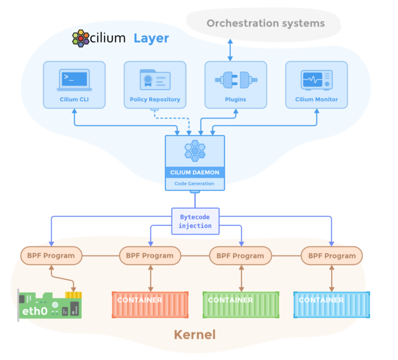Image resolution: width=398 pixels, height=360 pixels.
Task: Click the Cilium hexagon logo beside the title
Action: click(x=80, y=38)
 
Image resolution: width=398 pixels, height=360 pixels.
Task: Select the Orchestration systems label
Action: click(x=265, y=23)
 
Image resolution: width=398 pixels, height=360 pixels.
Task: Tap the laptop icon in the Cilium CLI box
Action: click(x=74, y=79)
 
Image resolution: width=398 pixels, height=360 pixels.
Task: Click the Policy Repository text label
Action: click(x=155, y=99)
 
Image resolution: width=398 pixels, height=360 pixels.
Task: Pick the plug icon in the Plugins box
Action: click(x=236, y=80)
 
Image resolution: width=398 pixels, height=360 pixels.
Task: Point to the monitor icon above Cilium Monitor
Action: click(x=316, y=80)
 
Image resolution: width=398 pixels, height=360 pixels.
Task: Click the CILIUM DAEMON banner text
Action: click(x=195, y=172)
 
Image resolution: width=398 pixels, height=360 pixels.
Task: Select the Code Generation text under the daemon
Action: click(x=195, y=183)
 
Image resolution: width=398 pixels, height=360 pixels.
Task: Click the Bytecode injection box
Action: click(x=195, y=221)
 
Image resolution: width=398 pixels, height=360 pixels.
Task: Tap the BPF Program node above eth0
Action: click(x=51, y=255)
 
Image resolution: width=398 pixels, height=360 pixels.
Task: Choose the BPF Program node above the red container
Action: click(x=150, y=255)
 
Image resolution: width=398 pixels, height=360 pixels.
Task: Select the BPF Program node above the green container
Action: click(x=240, y=255)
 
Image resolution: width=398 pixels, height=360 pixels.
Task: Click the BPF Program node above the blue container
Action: click(x=332, y=255)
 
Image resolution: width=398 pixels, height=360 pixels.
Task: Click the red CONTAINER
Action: click(x=150, y=304)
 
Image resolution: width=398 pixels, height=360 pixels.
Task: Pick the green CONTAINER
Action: click(x=240, y=304)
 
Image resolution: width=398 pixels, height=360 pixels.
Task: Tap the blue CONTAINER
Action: click(x=332, y=304)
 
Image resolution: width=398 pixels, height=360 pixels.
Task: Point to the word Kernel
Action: click(x=194, y=335)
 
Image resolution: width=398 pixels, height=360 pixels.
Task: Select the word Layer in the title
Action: click(x=151, y=38)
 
